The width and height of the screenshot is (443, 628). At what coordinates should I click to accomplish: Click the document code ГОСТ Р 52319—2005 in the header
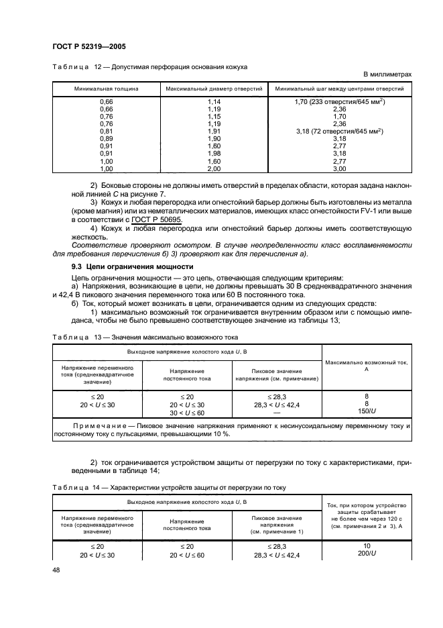[x=88, y=46]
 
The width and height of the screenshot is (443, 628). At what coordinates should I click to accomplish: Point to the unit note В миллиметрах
[x=387, y=74]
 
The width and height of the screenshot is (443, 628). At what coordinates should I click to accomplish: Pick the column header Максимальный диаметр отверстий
[x=214, y=89]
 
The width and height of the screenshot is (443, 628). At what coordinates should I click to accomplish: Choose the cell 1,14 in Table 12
[x=214, y=101]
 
